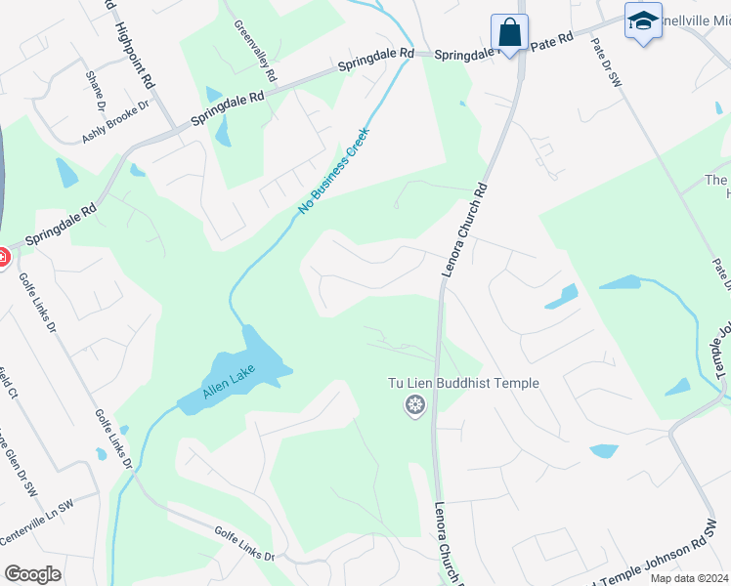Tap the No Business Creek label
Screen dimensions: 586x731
pyautogui.click(x=334, y=171)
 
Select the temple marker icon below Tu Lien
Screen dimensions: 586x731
pyautogui.click(x=415, y=404)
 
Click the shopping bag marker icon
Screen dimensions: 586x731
pyautogui.click(x=509, y=32)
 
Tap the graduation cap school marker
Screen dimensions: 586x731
pyautogui.click(x=643, y=21)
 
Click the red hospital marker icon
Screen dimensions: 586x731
pyautogui.click(x=2, y=258)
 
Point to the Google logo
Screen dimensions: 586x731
pyautogui.click(x=32, y=574)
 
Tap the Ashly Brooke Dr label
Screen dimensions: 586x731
pyautogui.click(x=115, y=122)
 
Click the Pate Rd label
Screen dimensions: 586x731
pyautogui.click(x=551, y=42)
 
